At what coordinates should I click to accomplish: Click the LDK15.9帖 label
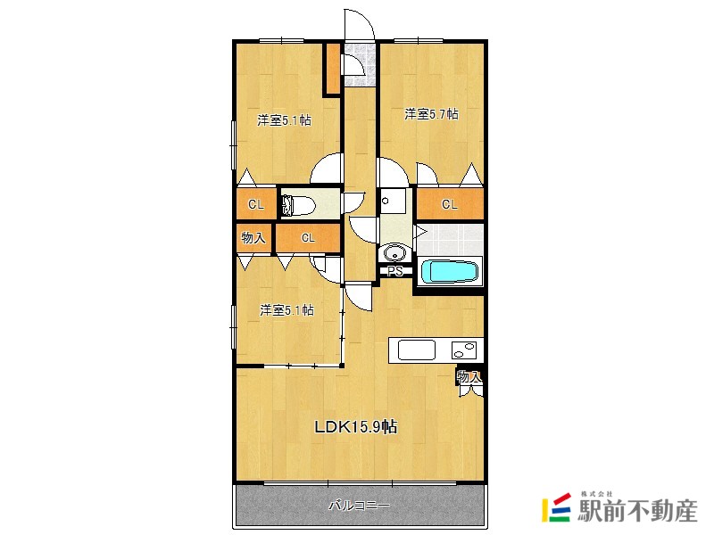tap(356, 427)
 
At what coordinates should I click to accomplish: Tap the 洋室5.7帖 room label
tap(431, 114)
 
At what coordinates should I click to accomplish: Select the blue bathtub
tap(451, 272)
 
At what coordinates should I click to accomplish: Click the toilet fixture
tap(299, 206)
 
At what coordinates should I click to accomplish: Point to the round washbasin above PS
tap(394, 252)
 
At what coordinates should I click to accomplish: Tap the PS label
tap(395, 272)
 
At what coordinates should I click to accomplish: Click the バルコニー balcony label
tap(360, 506)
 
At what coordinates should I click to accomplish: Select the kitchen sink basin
tap(417, 350)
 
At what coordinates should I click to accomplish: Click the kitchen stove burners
tap(464, 350)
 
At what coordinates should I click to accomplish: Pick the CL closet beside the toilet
tap(256, 205)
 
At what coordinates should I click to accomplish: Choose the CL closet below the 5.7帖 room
tap(450, 204)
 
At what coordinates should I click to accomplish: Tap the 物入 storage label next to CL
tap(253, 237)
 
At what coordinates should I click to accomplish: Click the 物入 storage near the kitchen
tap(469, 376)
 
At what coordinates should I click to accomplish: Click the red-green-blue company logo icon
tap(556, 507)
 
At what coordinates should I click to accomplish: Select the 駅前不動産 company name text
tap(637, 510)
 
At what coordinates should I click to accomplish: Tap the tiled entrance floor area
tap(360, 63)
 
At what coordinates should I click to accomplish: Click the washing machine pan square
tap(393, 202)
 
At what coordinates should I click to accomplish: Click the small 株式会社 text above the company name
tap(596, 494)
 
